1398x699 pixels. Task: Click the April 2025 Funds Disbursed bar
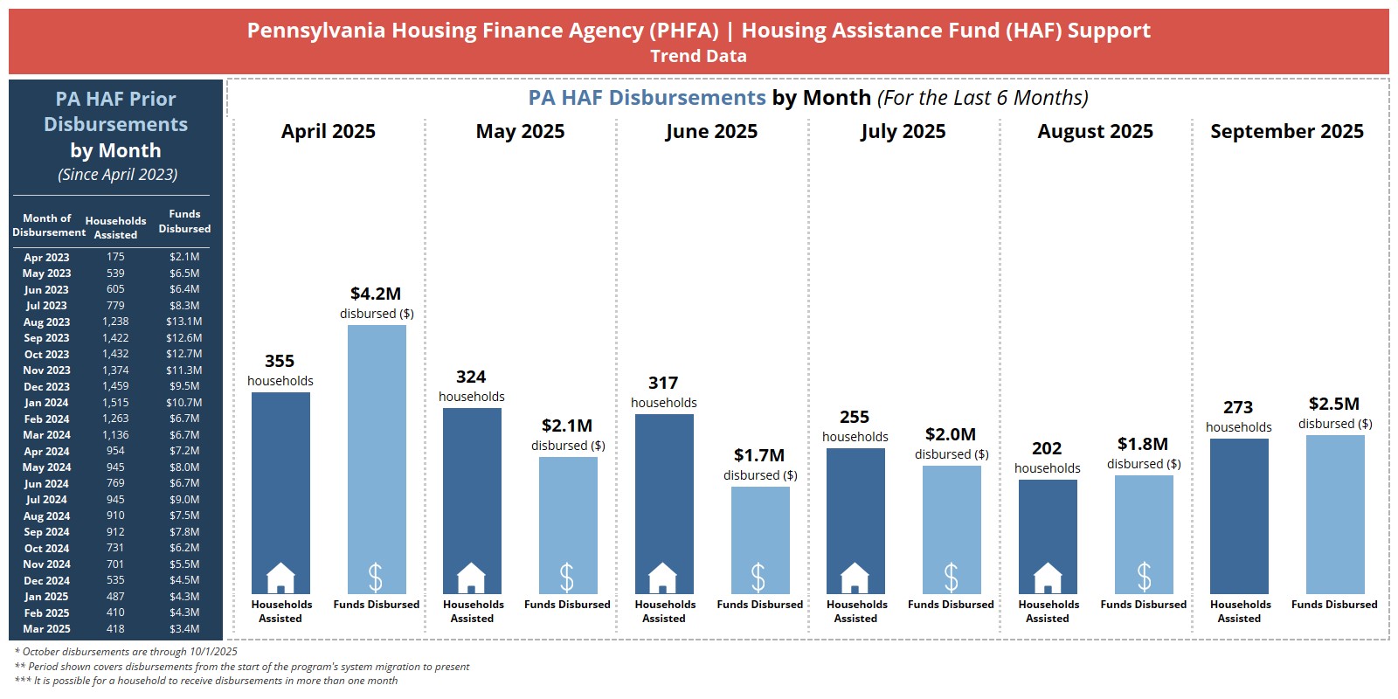(x=377, y=459)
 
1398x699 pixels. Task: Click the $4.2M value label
(x=376, y=294)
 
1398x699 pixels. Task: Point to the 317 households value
(x=663, y=384)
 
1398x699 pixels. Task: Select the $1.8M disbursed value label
(x=1143, y=444)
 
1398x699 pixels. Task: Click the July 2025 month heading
(x=903, y=132)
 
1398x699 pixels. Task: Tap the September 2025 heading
(x=1286, y=132)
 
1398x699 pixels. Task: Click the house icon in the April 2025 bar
(x=280, y=578)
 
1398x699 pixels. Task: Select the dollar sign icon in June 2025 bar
(x=758, y=578)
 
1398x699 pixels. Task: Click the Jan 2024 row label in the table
(x=46, y=403)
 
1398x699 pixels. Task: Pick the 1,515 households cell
(x=115, y=403)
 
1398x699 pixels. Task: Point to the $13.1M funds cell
(x=184, y=322)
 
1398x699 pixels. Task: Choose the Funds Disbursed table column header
(x=184, y=221)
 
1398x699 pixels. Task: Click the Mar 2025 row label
(x=46, y=629)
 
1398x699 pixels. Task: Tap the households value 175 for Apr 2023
(x=115, y=257)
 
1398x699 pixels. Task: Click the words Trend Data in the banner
(x=698, y=56)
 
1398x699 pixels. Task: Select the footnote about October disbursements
(x=126, y=652)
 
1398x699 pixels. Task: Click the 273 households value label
(x=1238, y=408)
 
